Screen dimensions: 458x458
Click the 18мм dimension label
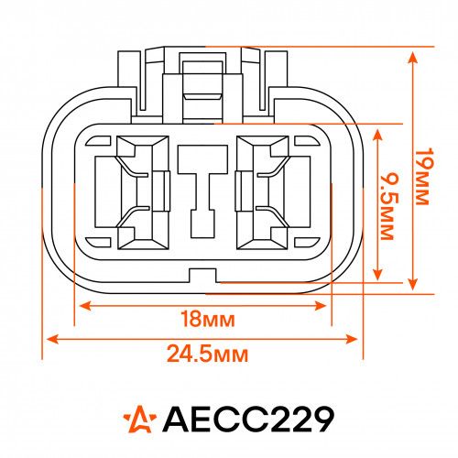(x=208, y=319)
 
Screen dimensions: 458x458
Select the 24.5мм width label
(x=208, y=354)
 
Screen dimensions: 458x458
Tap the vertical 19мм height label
(x=425, y=177)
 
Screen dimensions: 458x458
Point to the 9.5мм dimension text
(x=390, y=207)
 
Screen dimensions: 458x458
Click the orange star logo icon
(x=140, y=419)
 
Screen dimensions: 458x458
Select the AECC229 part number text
(x=248, y=419)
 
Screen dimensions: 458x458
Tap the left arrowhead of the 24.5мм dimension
(x=52, y=339)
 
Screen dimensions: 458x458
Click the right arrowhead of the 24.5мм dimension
(x=352, y=339)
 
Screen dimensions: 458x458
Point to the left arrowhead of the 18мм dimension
(x=85, y=305)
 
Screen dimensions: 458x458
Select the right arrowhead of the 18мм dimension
(x=321, y=305)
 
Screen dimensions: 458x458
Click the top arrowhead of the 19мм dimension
(x=413, y=58)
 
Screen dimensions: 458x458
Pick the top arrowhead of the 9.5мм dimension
(x=378, y=135)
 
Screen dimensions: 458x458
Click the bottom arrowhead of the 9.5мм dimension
(x=378, y=274)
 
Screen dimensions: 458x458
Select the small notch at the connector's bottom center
(x=202, y=276)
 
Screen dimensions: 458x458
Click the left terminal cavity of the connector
(x=143, y=192)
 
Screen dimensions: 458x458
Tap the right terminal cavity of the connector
(x=263, y=192)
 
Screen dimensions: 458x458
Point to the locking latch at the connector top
(x=202, y=85)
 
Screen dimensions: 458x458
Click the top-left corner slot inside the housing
(x=98, y=141)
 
